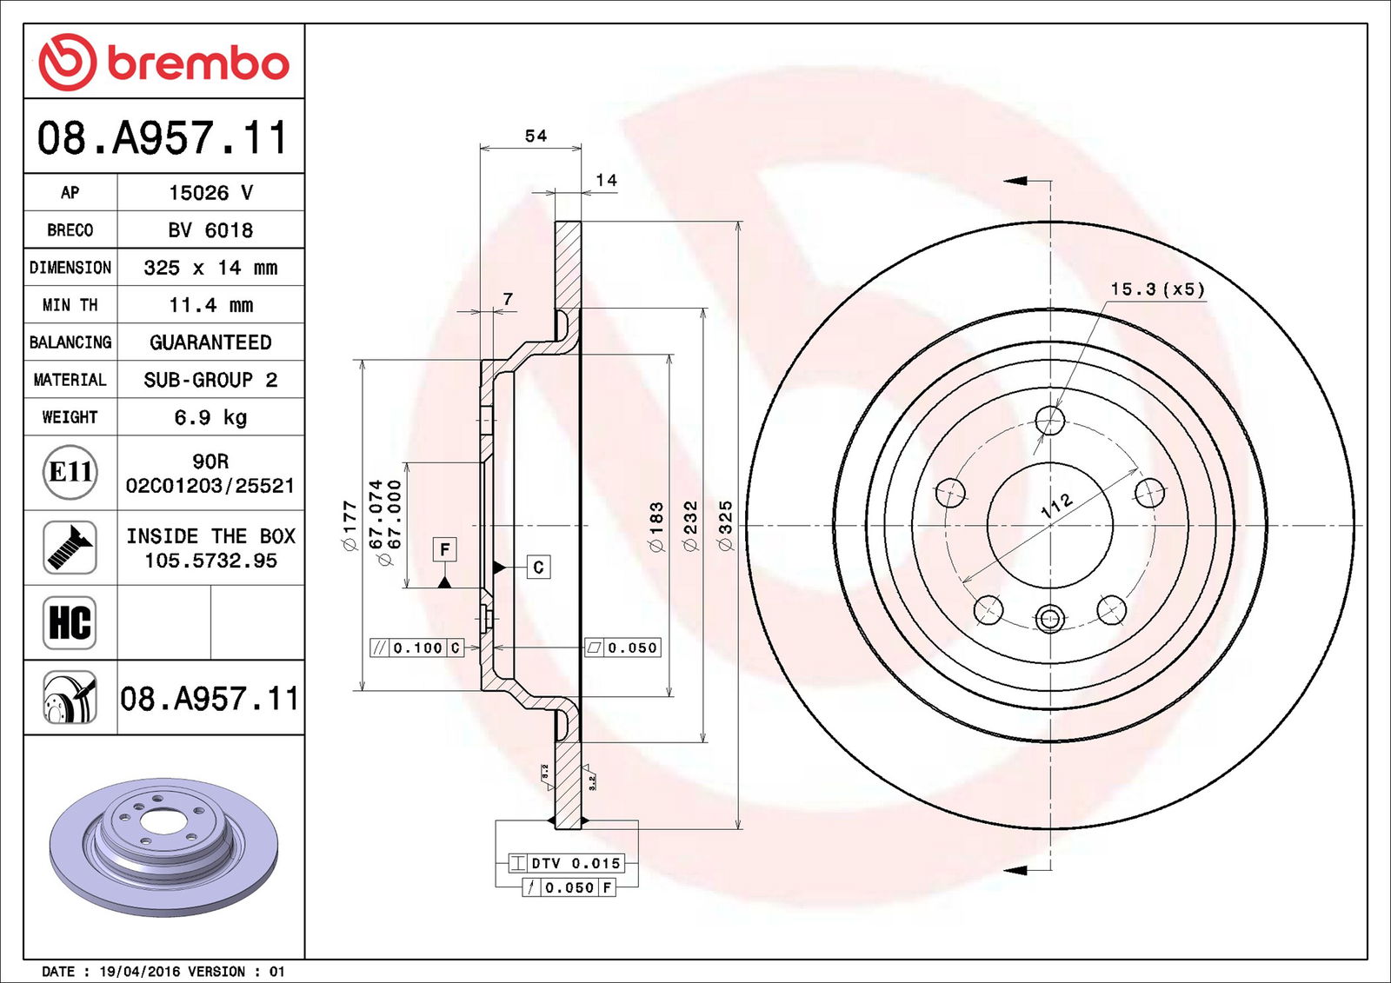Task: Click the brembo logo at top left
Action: [163, 63]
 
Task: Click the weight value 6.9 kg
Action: [210, 417]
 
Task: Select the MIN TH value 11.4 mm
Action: [210, 305]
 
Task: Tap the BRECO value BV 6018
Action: [210, 230]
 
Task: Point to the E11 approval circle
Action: [70, 472]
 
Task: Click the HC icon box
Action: [70, 622]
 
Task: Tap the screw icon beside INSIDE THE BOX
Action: [70, 547]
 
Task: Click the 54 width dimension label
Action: [536, 136]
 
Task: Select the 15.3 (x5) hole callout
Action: [1157, 289]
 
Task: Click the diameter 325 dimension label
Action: [725, 525]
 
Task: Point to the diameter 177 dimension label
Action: [349, 525]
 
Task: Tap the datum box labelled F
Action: [444, 549]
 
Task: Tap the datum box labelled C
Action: [538, 568]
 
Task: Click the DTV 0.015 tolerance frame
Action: [566, 863]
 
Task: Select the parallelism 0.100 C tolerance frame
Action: [416, 648]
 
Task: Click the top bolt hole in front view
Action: [1050, 420]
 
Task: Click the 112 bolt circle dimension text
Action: [1057, 506]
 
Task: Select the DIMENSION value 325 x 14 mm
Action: [210, 268]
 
